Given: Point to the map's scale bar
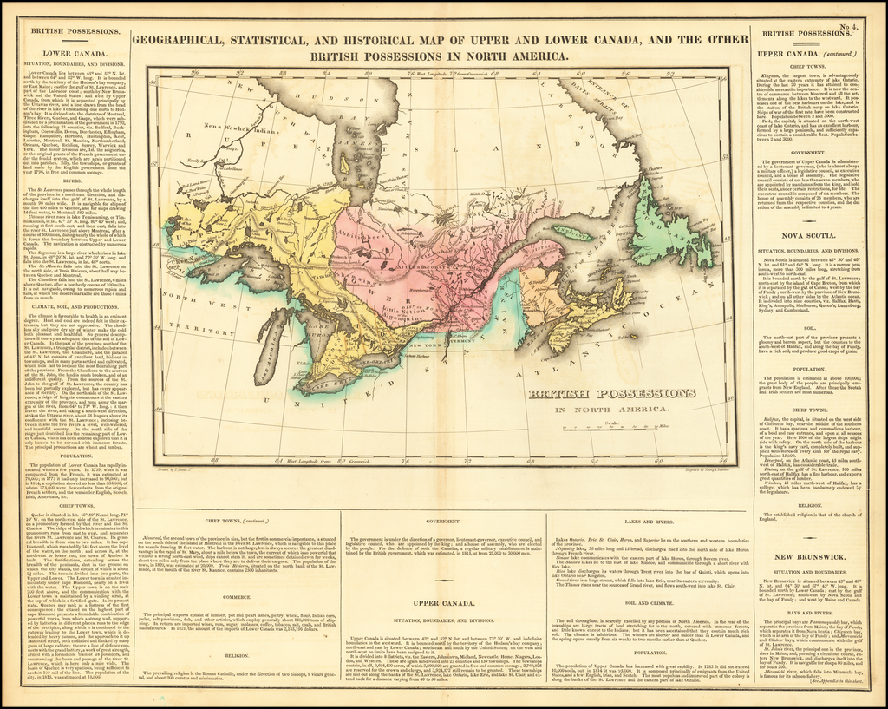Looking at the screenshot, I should pyautogui.click(x=630, y=428).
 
